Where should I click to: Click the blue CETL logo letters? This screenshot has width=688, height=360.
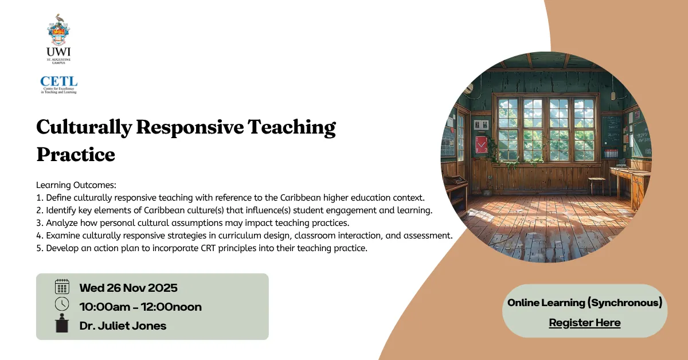(58, 82)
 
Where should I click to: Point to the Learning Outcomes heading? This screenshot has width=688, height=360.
(76, 185)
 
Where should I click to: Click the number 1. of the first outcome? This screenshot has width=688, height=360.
(40, 198)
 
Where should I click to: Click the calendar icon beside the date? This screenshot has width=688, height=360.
(61, 287)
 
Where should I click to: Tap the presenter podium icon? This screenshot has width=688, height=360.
(61, 324)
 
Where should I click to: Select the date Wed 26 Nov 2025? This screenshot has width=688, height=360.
(128, 288)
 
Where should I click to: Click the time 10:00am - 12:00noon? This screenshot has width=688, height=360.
(140, 307)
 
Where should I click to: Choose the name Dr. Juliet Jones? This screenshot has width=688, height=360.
(123, 326)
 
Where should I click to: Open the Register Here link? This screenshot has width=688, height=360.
(584, 323)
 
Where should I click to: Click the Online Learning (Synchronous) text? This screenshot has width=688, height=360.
(584, 303)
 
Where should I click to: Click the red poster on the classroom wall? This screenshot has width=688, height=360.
(480, 144)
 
